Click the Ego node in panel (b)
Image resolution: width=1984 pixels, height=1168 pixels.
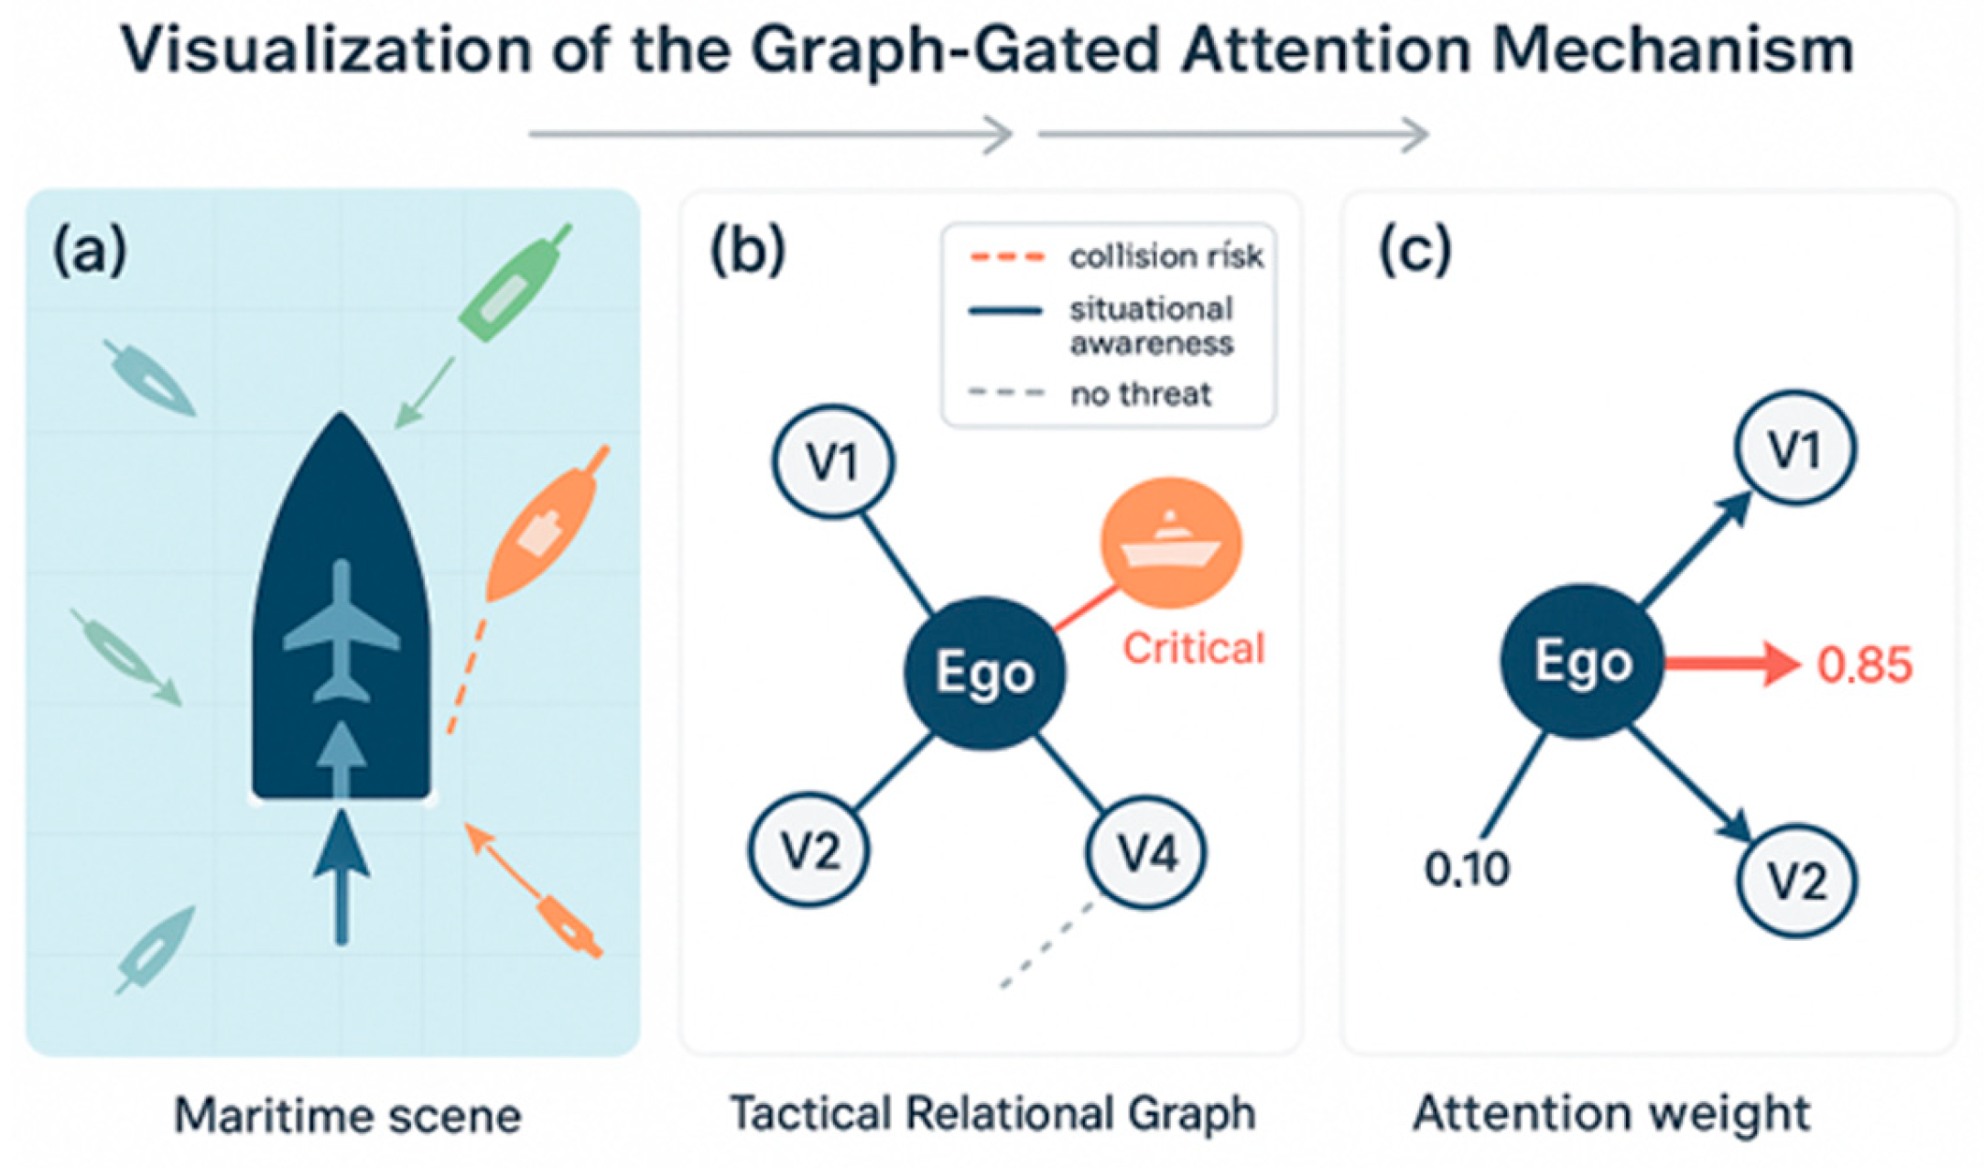point(984,673)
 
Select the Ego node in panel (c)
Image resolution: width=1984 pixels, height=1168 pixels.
point(1581,661)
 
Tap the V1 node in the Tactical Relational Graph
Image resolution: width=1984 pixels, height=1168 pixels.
point(833,462)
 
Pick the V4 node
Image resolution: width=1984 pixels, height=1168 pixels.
point(1146,853)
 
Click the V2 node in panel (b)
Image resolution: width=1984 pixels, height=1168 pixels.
point(809,851)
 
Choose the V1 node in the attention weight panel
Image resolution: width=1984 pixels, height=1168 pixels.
point(1795,449)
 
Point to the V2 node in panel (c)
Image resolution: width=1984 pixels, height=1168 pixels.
point(1795,881)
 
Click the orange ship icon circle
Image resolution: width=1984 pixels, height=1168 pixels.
point(1171,544)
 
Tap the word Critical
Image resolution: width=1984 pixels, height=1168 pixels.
point(1193,649)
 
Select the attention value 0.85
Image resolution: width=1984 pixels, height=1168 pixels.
point(1864,665)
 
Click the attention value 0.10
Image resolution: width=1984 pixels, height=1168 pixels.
point(1467,869)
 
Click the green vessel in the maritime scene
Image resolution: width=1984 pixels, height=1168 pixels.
point(513,284)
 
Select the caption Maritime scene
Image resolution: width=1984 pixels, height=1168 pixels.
point(348,1116)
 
